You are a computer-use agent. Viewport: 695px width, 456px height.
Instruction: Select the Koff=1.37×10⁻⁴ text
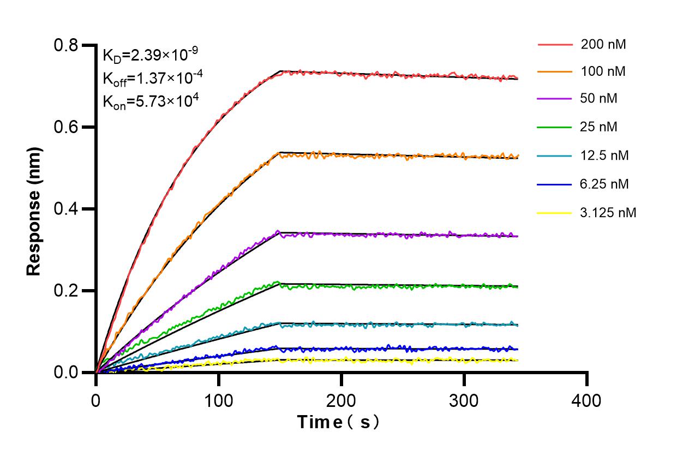[153, 78]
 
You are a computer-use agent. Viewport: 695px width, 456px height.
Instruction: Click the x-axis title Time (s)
[338, 422]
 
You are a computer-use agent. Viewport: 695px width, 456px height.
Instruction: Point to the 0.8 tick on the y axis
[67, 45]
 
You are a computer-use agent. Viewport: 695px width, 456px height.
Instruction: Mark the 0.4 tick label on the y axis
[67, 209]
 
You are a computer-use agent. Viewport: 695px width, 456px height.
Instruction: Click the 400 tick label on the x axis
[586, 401]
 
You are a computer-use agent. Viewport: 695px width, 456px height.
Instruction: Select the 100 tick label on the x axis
[218, 401]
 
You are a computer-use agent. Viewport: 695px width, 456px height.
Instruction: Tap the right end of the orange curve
[517, 157]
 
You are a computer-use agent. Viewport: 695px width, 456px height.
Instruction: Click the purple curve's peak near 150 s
[278, 232]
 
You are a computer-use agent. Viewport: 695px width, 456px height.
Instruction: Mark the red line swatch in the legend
[555, 45]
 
